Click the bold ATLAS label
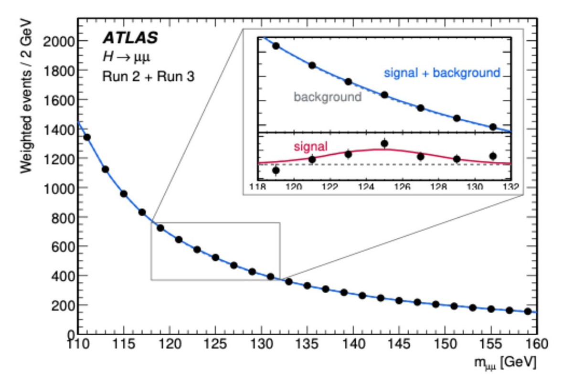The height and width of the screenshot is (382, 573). coord(130,39)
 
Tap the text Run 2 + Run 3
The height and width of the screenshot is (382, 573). coord(149,76)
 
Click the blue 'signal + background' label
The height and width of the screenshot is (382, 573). coord(442,74)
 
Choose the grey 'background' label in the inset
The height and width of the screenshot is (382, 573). coord(328,97)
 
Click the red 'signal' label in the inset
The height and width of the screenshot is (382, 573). coord(310,147)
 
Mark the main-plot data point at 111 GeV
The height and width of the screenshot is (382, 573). coord(87,137)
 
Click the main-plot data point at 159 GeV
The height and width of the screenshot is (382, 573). coord(528,311)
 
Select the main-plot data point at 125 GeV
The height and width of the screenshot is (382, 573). coord(215,257)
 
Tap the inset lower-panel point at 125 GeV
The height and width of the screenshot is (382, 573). coord(384,143)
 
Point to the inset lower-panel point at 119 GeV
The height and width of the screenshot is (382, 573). coord(276,170)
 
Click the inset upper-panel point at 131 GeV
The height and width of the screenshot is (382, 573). coord(493,127)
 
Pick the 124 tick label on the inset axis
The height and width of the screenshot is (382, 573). coord(366,186)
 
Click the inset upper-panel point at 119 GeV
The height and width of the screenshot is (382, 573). coord(276,46)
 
